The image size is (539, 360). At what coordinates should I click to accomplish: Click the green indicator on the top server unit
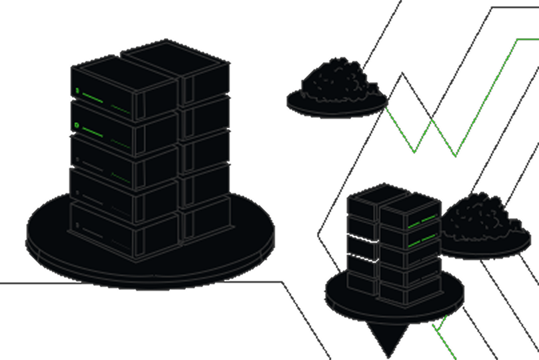(x=77, y=91)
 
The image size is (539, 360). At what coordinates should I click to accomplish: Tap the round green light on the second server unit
(x=77, y=125)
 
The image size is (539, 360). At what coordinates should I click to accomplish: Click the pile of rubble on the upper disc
(x=339, y=81)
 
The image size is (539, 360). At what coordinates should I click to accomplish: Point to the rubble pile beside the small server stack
(x=482, y=217)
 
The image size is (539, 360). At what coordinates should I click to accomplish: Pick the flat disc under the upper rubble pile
(x=337, y=107)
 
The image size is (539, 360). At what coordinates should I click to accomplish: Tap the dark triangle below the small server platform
(x=386, y=337)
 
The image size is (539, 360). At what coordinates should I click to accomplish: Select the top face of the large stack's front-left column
(x=123, y=71)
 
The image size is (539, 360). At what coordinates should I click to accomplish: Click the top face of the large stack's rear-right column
(x=175, y=55)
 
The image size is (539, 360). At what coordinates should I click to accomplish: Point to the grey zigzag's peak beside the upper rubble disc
(x=402, y=74)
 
